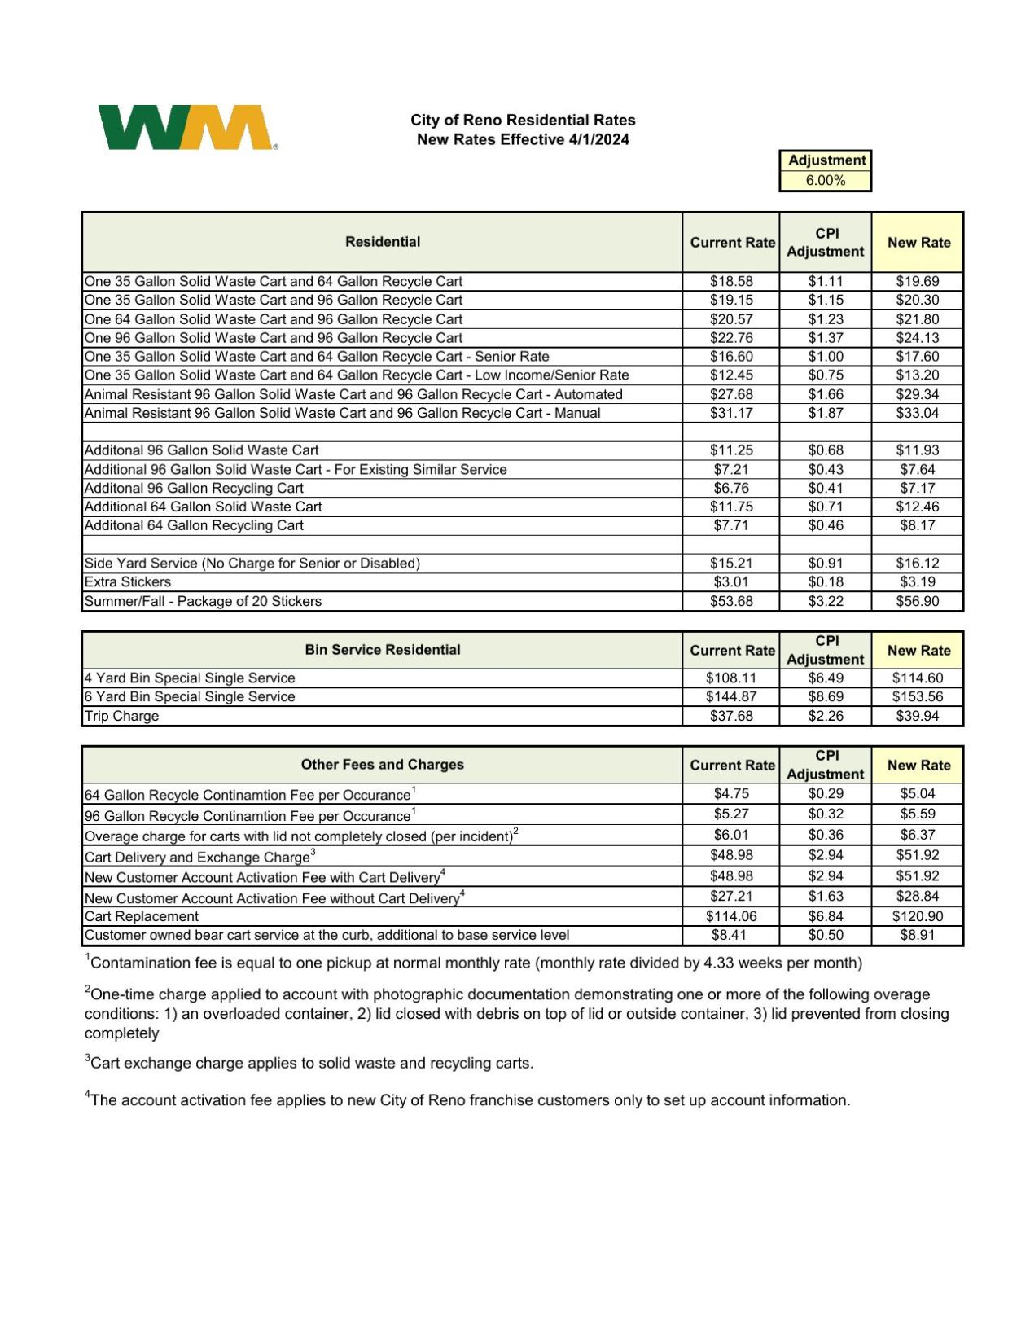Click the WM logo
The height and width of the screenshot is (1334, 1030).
click(x=186, y=128)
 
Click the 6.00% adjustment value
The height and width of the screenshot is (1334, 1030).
click(x=825, y=181)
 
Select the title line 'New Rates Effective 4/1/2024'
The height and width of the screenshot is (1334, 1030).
click(x=523, y=139)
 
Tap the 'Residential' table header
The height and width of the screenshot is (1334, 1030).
click(x=382, y=242)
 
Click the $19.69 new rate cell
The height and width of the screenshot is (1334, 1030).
click(x=917, y=281)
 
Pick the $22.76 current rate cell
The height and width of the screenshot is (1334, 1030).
click(x=730, y=338)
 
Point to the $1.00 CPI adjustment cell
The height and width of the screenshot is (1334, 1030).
click(x=825, y=357)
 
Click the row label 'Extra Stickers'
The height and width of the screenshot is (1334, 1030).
click(x=128, y=582)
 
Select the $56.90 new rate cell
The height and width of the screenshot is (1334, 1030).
click(x=917, y=602)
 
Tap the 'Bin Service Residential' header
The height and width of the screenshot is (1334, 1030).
click(x=382, y=650)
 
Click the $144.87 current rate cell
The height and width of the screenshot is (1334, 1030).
click(x=730, y=697)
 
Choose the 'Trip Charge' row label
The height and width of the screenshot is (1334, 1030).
click(x=121, y=717)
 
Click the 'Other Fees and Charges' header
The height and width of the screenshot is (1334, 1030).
click(x=382, y=765)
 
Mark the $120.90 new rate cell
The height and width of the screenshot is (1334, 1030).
click(x=917, y=916)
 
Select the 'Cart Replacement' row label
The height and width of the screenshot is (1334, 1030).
click(x=142, y=916)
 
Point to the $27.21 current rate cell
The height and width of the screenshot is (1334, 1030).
click(x=730, y=896)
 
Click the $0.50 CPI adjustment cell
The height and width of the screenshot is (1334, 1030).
click(x=825, y=936)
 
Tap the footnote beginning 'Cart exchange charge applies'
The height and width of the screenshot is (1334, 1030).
click(x=309, y=1064)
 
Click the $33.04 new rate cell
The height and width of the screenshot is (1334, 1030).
click(x=917, y=414)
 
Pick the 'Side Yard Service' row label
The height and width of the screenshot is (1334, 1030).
click(x=252, y=564)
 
